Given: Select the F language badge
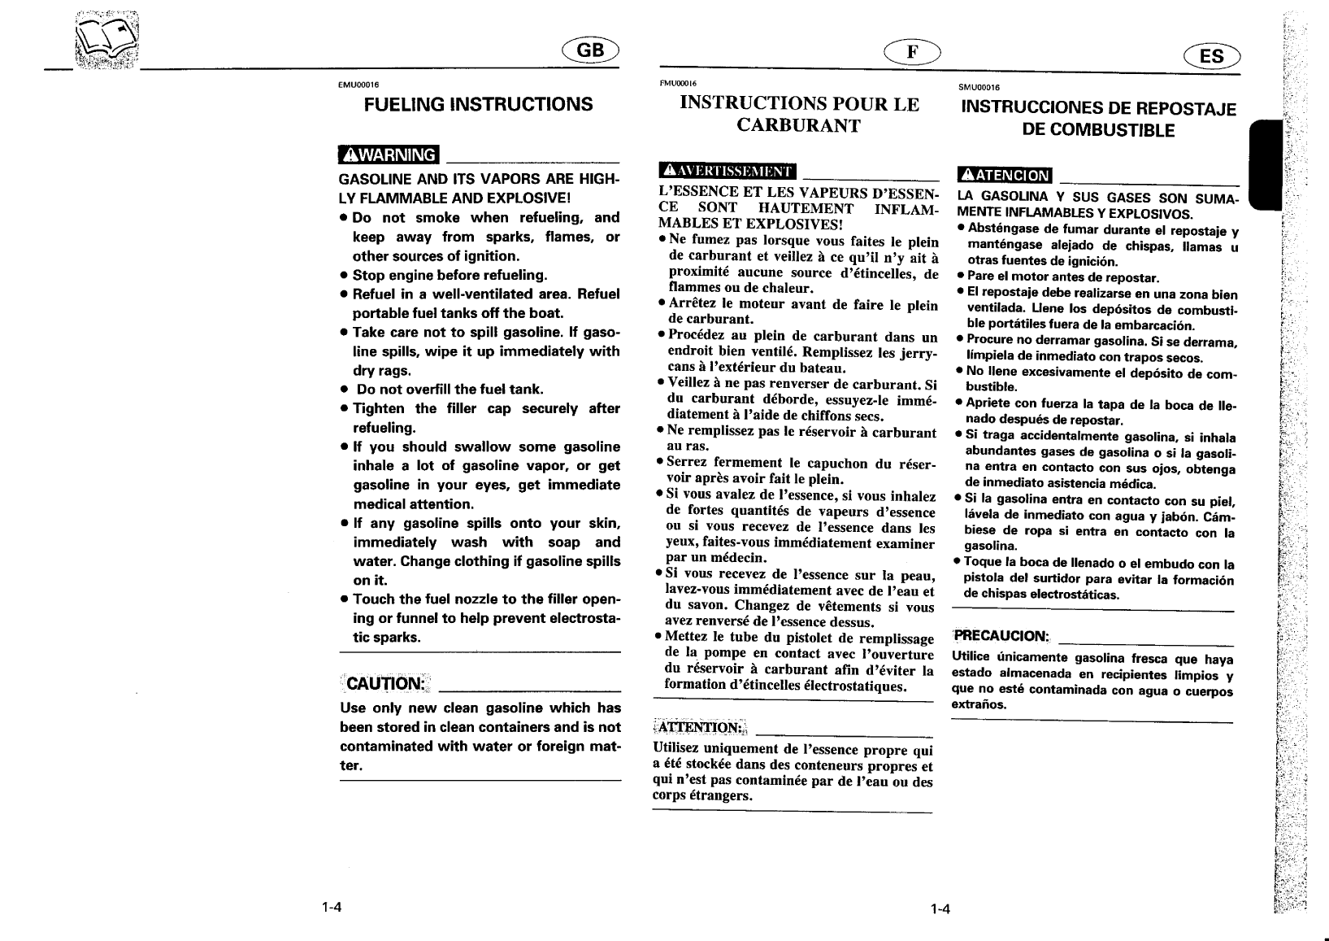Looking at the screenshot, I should coord(914,51).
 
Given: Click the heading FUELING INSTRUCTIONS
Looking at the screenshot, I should coord(478,105).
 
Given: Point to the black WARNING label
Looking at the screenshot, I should coord(389,154).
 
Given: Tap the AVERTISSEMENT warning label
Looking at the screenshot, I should coord(727,171).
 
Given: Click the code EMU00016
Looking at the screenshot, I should coord(358,85).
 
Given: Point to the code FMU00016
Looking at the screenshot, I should coord(677,82).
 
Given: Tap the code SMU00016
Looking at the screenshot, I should coord(979,86).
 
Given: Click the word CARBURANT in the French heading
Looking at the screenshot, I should coord(798,126).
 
